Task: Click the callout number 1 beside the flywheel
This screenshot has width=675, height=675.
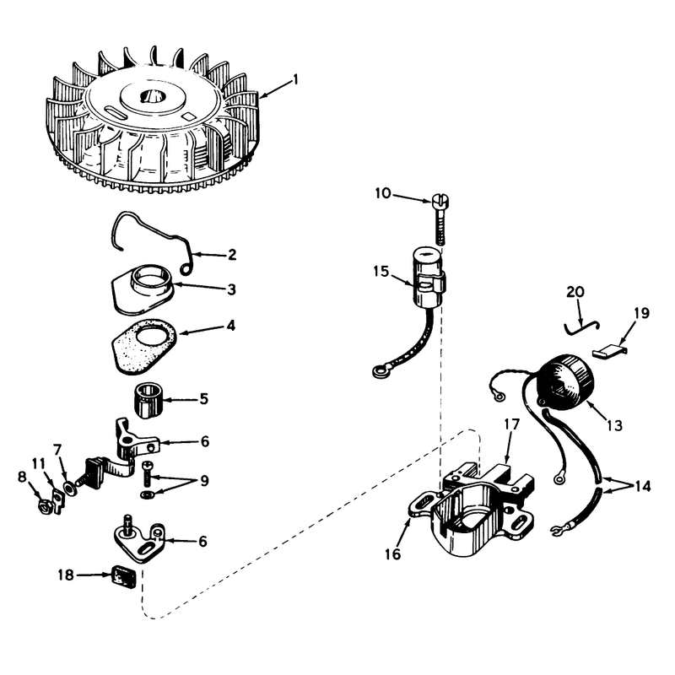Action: (295, 79)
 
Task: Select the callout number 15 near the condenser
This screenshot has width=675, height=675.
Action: (381, 272)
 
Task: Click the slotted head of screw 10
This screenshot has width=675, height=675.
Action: (439, 200)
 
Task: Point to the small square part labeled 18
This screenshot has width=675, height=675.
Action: (122, 576)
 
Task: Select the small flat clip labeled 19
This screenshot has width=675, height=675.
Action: (609, 351)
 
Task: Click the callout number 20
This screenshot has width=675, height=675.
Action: (575, 292)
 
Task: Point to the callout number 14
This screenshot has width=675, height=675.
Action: (642, 486)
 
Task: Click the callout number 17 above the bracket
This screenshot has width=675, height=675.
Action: (512, 424)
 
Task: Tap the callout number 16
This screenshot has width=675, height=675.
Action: (392, 554)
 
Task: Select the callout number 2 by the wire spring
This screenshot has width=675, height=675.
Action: (232, 255)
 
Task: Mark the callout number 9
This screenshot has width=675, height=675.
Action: (204, 480)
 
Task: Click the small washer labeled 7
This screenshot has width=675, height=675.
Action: (69, 488)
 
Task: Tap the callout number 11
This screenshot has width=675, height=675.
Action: (39, 463)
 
